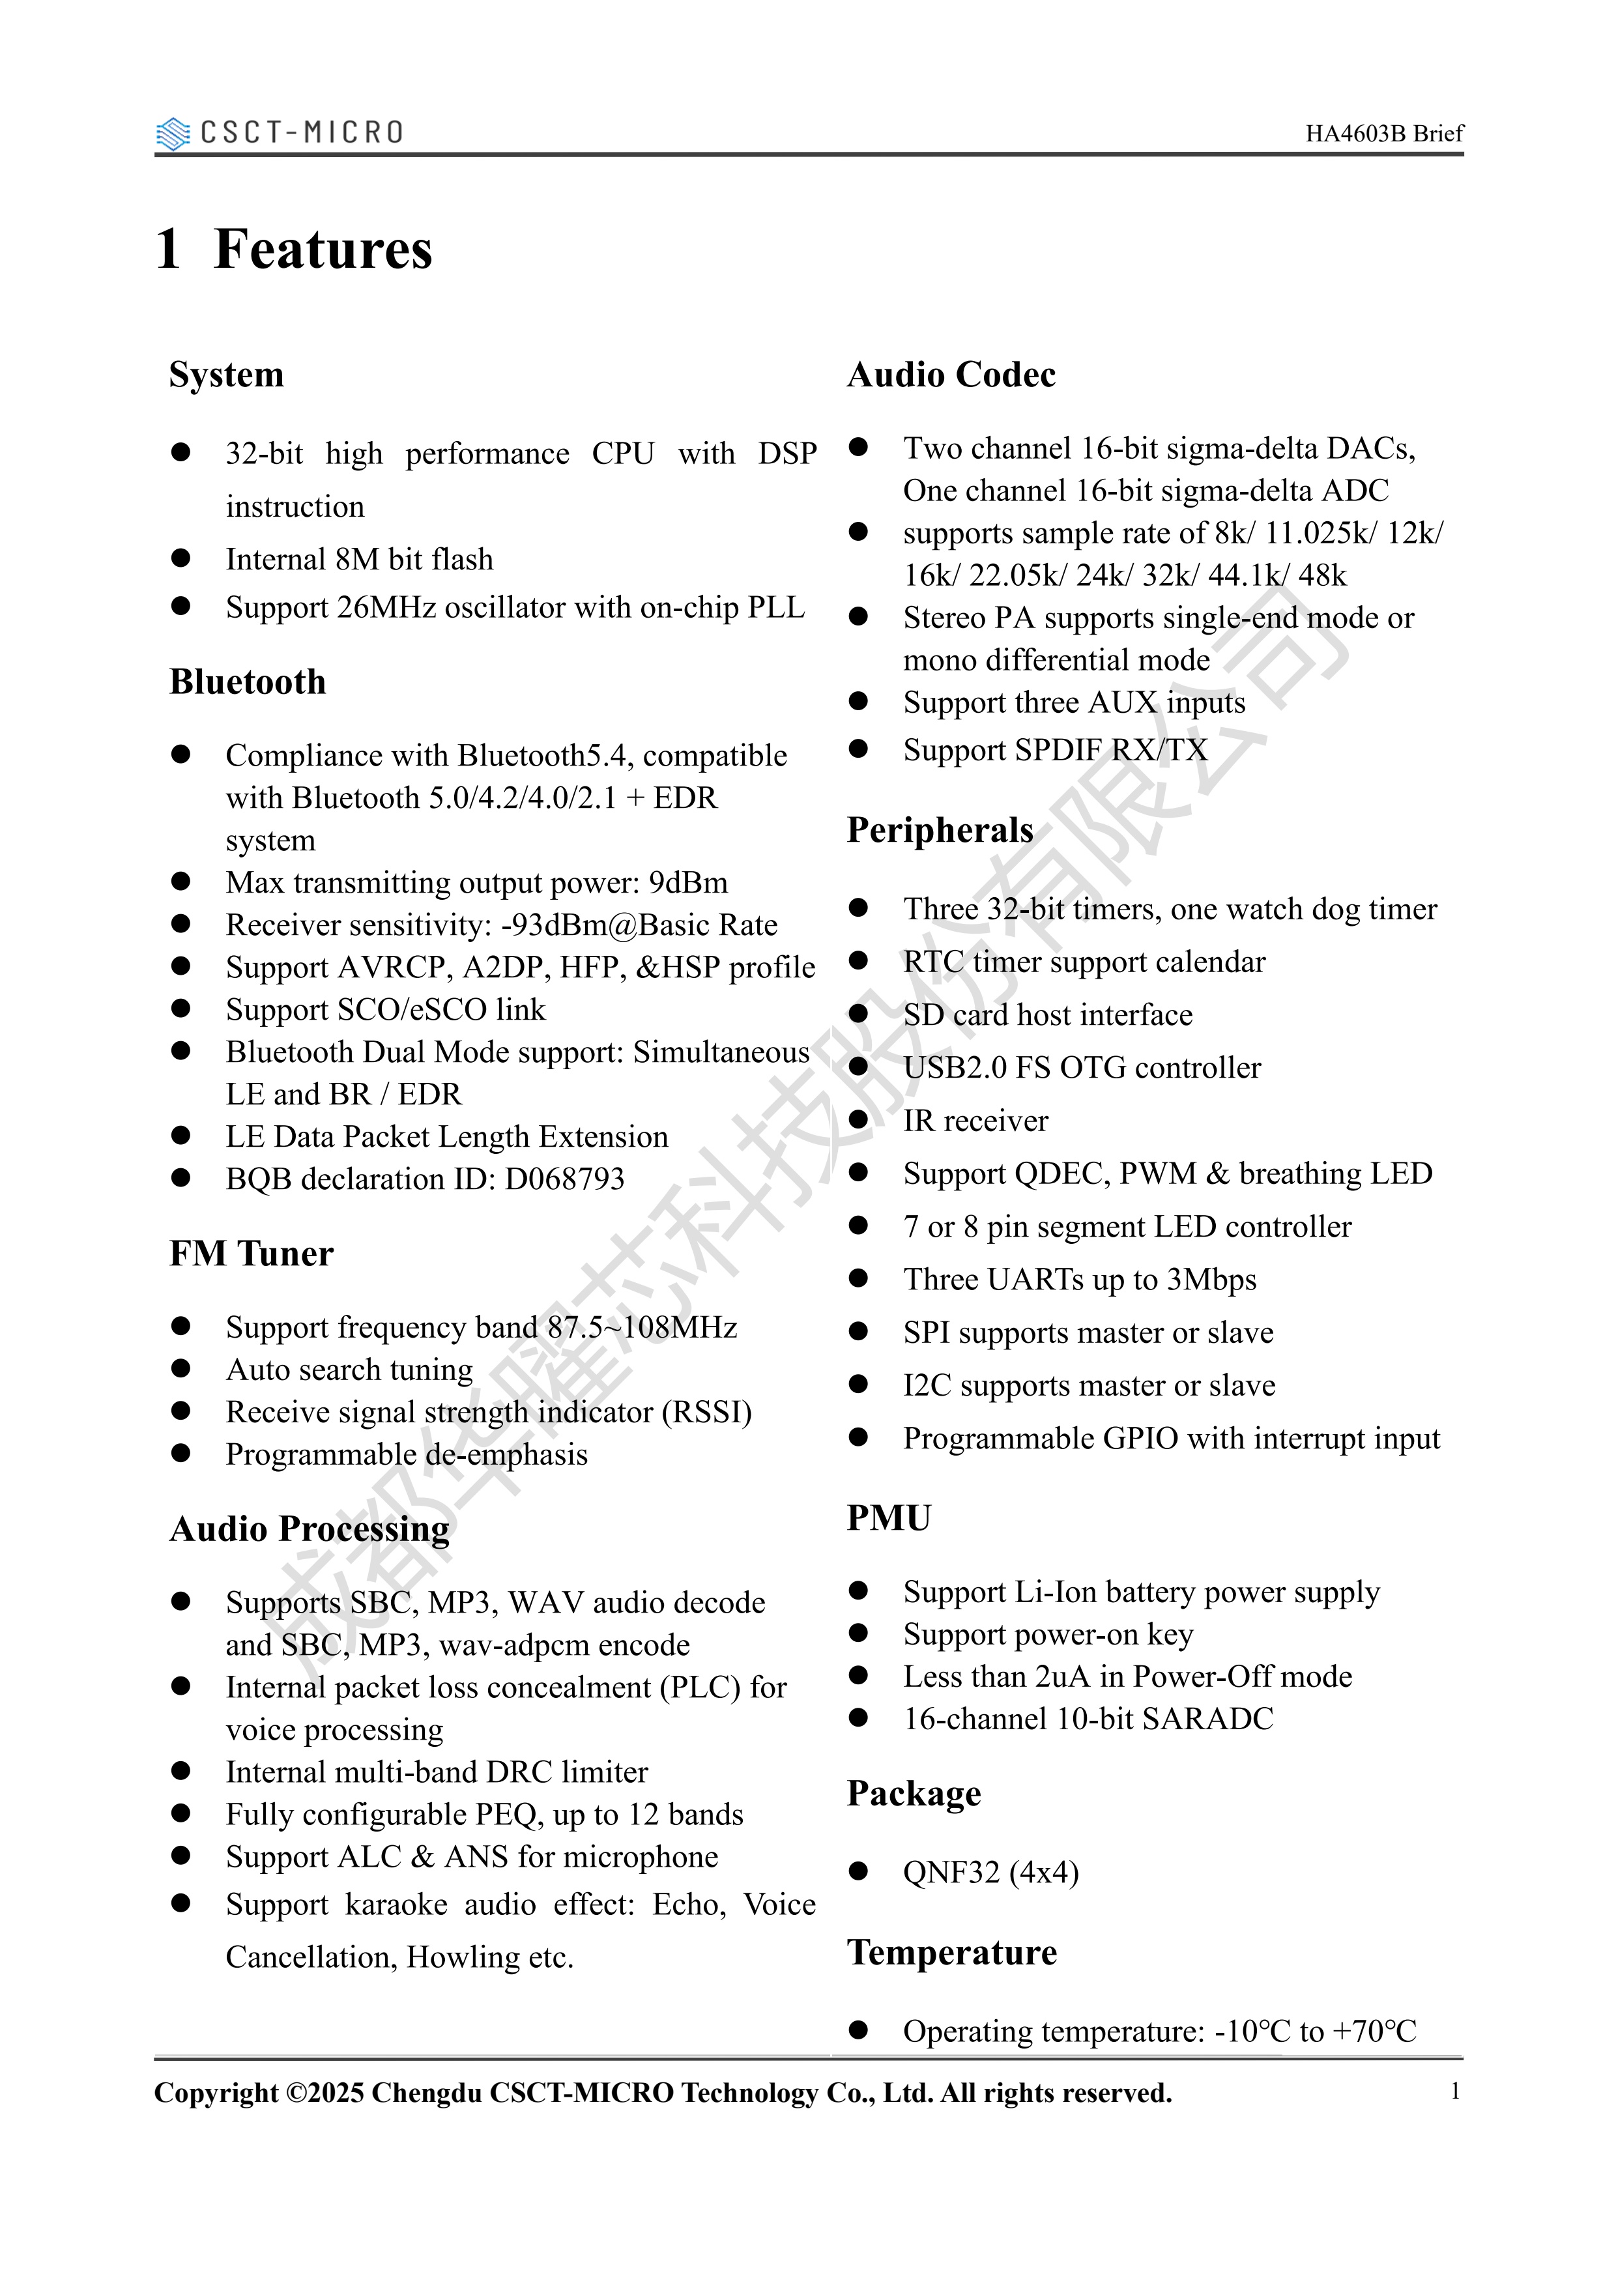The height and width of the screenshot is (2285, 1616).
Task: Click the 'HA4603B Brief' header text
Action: pyautogui.click(x=1384, y=134)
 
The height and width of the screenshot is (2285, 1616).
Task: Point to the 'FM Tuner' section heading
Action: pyautogui.click(x=252, y=1254)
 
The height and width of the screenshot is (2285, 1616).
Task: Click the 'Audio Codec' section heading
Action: pyautogui.click(x=951, y=375)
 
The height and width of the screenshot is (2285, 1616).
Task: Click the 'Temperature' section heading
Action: pyautogui.click(x=951, y=1953)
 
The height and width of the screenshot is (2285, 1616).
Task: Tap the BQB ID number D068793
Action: pyautogui.click(x=564, y=1179)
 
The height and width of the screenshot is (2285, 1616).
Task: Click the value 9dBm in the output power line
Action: pyautogui.click(x=687, y=883)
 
